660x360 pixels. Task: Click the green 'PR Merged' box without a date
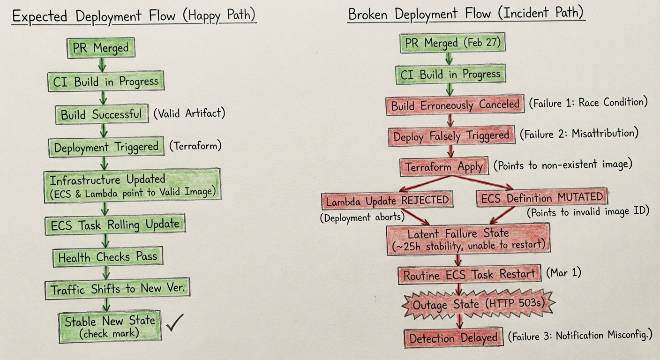pos(101,48)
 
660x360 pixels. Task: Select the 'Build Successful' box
pos(102,114)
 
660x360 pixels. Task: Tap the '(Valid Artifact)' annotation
pos(189,113)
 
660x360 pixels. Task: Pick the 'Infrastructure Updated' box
pos(133,186)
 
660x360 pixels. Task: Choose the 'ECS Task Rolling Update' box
pos(115,225)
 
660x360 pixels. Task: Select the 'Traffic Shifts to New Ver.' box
pos(118,289)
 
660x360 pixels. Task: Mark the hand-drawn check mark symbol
pos(175,323)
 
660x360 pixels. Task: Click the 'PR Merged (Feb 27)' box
pos(452,43)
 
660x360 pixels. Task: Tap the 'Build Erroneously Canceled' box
pos(455,105)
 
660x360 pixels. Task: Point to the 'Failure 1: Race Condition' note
pos(588,103)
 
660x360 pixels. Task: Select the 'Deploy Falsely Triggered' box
pos(452,136)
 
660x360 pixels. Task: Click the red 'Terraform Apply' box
pos(444,167)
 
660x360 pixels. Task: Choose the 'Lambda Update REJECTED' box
pos(387,201)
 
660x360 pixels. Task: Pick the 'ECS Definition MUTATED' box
pos(542,197)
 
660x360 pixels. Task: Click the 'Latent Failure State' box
pos(468,239)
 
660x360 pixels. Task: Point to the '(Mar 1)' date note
pos(563,273)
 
